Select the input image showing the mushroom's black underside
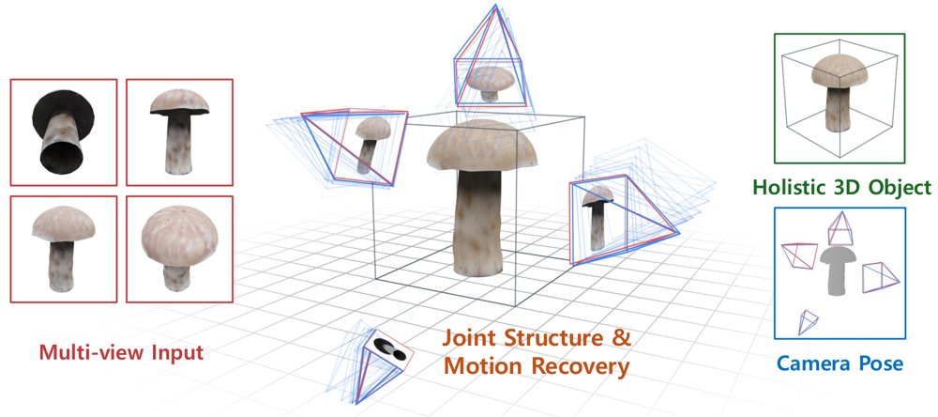pos(64,131)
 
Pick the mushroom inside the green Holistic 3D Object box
pos(839,91)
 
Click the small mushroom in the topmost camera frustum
pos(491,83)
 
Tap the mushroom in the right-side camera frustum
pos(598,216)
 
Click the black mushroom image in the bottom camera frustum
pos(390,348)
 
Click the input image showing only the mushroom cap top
pos(179,249)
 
